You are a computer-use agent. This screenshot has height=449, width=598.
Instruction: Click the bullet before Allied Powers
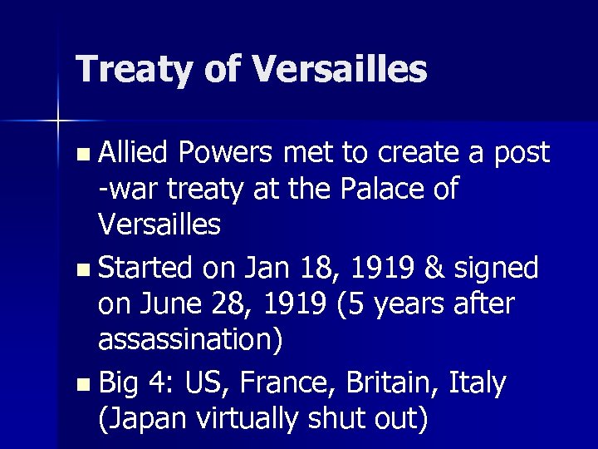(x=80, y=155)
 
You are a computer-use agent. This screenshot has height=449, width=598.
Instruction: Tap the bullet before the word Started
(x=80, y=270)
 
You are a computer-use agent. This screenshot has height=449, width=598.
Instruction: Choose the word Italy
(x=477, y=384)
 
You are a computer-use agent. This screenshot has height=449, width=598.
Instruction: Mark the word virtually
(x=253, y=419)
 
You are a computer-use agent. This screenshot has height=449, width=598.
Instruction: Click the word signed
(x=496, y=269)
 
